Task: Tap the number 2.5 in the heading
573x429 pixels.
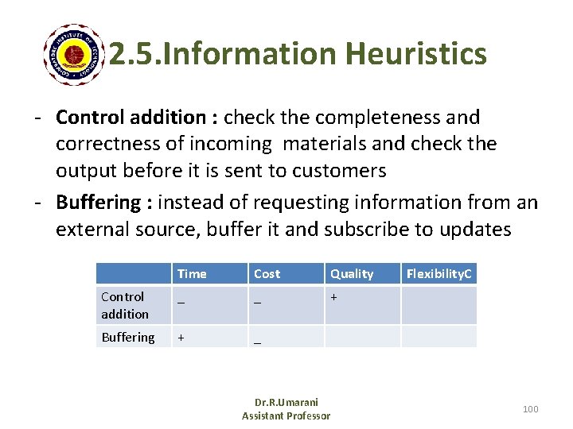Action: tap(128, 54)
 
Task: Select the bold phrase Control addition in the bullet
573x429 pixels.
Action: tap(131, 118)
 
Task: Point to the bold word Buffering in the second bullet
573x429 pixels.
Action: tap(97, 202)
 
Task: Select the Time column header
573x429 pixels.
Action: tap(192, 274)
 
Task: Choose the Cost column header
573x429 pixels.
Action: tap(267, 274)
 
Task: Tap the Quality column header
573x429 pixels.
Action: tap(352, 274)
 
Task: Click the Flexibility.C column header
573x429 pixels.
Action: tap(439, 274)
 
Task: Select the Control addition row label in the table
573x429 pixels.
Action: tap(125, 305)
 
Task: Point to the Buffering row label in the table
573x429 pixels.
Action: tap(127, 337)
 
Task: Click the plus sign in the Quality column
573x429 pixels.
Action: tap(334, 296)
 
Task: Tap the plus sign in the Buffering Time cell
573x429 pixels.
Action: tap(181, 337)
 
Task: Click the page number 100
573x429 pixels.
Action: tap(530, 408)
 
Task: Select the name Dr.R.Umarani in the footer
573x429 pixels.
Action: tap(286, 403)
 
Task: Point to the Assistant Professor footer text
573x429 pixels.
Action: tap(286, 415)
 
